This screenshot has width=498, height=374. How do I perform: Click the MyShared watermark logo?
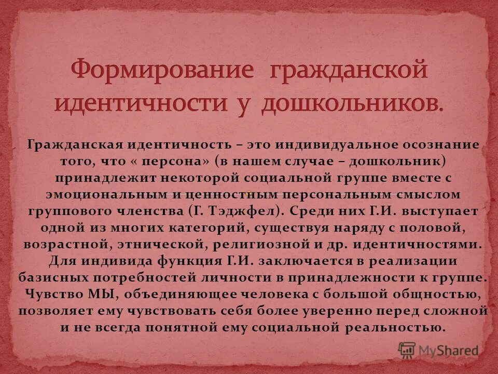[x=438, y=349]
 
